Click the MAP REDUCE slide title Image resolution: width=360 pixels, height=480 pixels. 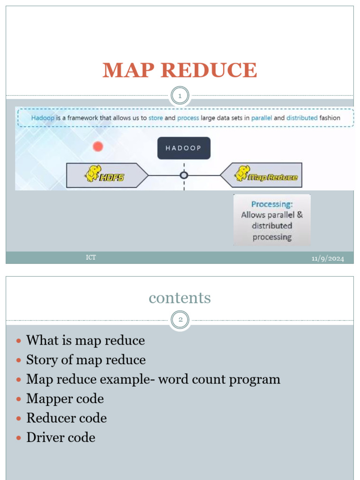180,70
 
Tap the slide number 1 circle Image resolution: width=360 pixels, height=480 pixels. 180,97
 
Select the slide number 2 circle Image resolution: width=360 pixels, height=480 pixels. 180,321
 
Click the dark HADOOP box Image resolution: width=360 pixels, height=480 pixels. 184,148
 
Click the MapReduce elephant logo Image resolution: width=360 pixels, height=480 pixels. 242,172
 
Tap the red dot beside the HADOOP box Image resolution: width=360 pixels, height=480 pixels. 98,147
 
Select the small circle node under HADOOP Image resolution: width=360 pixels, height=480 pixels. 184,175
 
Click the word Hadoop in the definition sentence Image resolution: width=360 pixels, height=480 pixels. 43,118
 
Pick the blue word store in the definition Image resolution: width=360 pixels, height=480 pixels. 156,118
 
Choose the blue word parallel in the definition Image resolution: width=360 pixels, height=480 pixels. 261,118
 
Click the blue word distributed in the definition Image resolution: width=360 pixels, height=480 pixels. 302,118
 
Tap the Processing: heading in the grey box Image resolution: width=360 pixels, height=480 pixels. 272,204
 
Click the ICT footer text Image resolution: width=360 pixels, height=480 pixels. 91,257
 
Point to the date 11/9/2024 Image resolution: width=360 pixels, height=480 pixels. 328,259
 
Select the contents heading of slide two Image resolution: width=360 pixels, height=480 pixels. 180,298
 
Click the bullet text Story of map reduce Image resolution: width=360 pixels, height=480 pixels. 86,360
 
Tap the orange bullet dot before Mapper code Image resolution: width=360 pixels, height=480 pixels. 19,399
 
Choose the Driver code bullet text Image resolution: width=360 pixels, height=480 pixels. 61,437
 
